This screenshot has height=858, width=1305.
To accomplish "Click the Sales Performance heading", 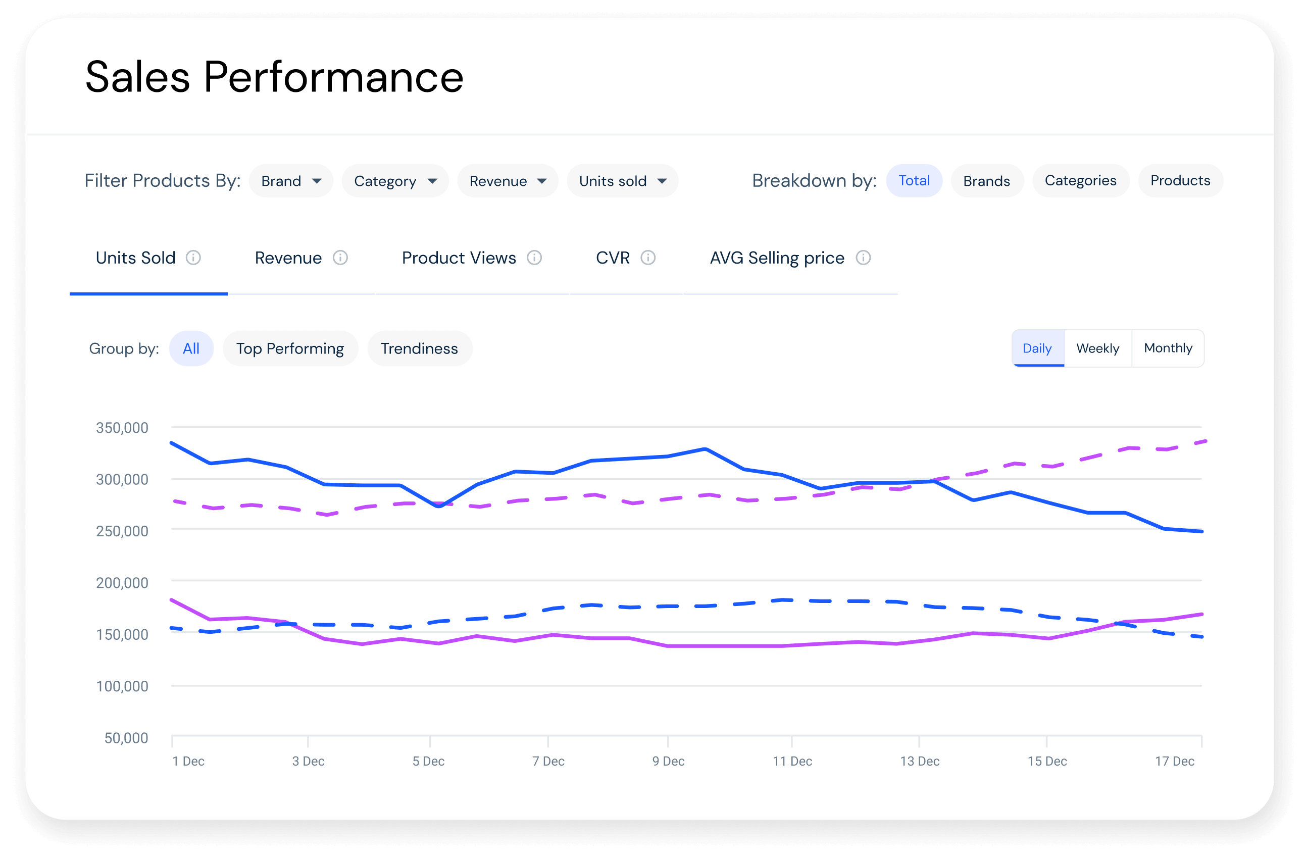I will tap(274, 77).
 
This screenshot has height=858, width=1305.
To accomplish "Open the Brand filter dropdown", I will tap(290, 181).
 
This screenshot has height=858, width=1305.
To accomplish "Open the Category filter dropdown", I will tap(395, 181).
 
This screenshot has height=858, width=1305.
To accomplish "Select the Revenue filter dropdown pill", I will tap(507, 181).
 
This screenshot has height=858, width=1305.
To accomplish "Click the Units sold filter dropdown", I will tap(622, 181).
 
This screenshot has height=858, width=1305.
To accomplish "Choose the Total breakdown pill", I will tap(914, 180).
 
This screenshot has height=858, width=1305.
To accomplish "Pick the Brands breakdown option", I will tap(986, 181).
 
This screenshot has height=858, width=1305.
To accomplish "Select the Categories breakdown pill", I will tap(1080, 180).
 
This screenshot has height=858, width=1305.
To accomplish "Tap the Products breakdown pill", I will tap(1179, 180).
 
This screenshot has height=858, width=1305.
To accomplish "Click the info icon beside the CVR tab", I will tap(647, 258).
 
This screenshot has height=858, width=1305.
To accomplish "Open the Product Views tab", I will tap(459, 258).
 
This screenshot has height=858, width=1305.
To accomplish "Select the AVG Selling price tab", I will tap(776, 258).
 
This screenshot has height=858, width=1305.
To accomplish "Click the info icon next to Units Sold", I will tap(193, 258).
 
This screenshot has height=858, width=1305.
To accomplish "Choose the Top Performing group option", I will tap(289, 348).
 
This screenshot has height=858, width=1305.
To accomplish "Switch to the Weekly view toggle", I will tap(1097, 348).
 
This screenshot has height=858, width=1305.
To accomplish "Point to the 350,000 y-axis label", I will tap(122, 428).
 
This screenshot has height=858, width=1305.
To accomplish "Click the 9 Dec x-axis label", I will tap(668, 761).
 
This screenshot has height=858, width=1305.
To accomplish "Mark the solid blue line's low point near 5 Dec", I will tap(439, 506).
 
